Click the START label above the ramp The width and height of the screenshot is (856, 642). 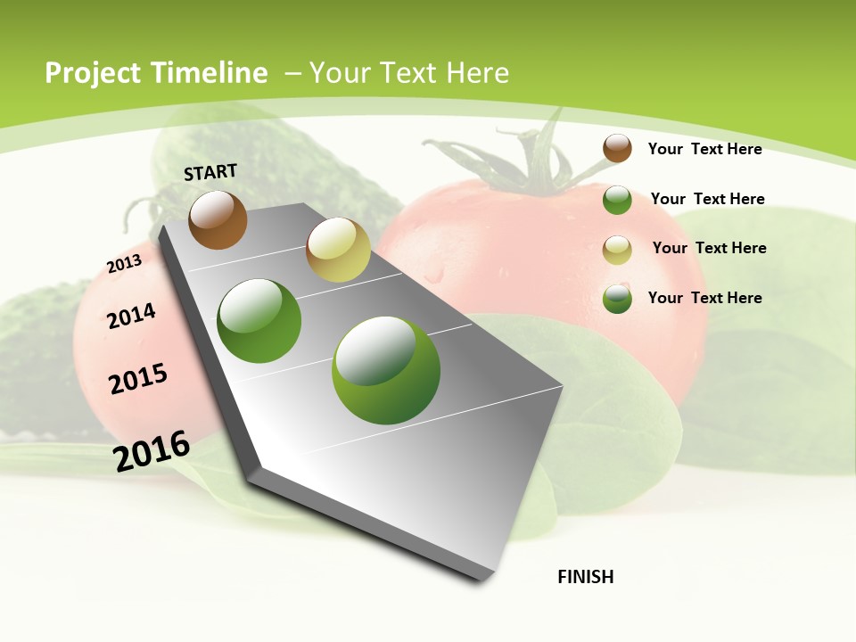(x=210, y=172)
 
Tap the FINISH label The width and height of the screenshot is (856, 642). (x=586, y=577)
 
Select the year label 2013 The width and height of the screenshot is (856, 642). (x=124, y=264)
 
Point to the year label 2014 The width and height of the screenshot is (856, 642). (x=132, y=316)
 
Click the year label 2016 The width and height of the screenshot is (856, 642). (x=152, y=450)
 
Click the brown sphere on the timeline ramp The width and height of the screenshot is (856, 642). (x=218, y=219)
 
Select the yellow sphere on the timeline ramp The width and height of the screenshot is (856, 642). (x=338, y=250)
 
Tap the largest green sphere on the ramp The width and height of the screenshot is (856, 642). (x=386, y=370)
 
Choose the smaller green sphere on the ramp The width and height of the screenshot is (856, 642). (x=259, y=321)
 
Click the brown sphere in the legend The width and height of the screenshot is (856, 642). (x=617, y=148)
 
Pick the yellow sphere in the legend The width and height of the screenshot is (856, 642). (x=617, y=249)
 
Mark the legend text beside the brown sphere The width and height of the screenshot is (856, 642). (x=704, y=149)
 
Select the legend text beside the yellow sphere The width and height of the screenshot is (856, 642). (x=709, y=248)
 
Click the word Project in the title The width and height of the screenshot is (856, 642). (x=94, y=74)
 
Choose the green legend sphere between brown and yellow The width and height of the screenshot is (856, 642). (x=617, y=200)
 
